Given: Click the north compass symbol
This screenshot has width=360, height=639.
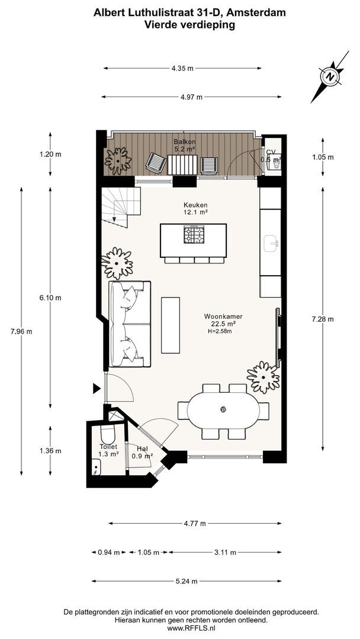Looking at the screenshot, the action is tap(330, 76).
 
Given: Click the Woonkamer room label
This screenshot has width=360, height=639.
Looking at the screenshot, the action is tap(220, 316).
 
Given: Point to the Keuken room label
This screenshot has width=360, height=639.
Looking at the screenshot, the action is tap(195, 205).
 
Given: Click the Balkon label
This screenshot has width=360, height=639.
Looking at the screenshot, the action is tap(185, 142).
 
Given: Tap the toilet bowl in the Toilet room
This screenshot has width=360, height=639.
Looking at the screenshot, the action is tap(108, 434).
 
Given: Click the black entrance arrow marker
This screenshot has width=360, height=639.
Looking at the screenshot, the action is tap(97, 388).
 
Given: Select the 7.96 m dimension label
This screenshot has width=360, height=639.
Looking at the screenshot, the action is tap(21, 331).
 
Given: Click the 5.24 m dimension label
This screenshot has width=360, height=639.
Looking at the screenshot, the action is tap(187, 581).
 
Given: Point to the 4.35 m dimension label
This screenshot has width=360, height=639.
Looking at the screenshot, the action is tap(182, 69).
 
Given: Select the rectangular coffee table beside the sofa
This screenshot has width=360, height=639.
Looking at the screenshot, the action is tap(171, 325).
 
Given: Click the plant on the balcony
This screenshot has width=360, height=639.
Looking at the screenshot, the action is tap(118, 160).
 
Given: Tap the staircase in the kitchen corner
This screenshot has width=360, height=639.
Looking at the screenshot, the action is tap(121, 207).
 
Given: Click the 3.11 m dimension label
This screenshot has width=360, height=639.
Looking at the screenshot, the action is tap(225, 553).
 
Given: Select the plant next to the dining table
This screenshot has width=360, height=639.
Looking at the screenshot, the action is tap(263, 377).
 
